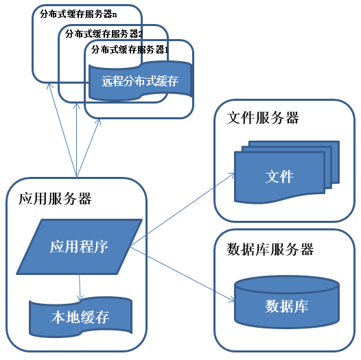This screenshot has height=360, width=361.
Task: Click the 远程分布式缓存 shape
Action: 140,82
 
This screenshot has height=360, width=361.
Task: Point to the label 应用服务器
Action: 54,200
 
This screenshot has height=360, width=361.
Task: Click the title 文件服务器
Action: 262,118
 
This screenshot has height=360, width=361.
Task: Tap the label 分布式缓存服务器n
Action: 79,14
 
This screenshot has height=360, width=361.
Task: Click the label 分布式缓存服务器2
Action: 104,32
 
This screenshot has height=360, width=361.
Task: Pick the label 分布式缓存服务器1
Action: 130,49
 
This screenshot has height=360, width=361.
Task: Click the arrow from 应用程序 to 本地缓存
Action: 80,287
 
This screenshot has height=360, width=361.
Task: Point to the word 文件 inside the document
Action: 279,176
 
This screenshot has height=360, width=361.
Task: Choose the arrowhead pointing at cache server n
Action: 50,87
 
